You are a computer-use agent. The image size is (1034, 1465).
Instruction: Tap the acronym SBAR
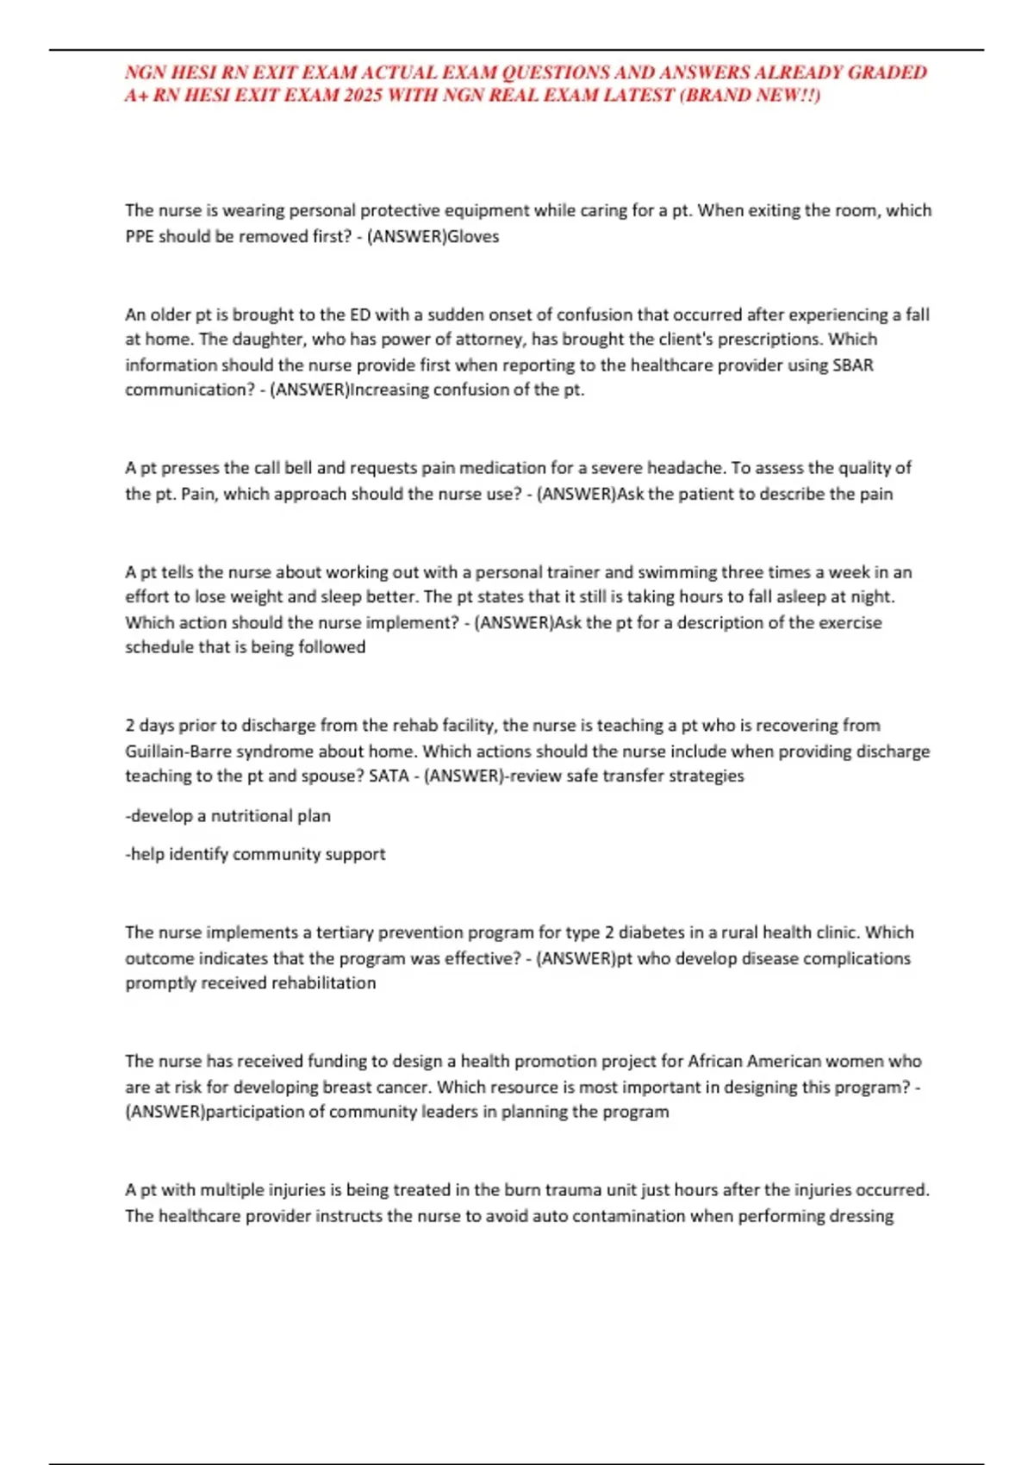click(x=853, y=365)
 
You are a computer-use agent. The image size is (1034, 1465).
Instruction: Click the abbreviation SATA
click(x=389, y=776)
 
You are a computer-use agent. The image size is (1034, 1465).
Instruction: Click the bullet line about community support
click(x=255, y=854)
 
